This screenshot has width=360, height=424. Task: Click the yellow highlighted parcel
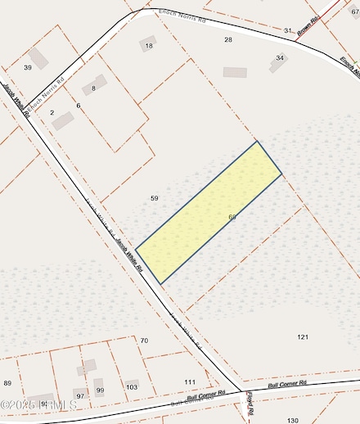(x=209, y=212)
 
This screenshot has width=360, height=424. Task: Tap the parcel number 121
(x=303, y=336)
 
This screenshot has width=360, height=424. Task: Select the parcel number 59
(x=154, y=198)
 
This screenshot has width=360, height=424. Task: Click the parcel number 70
(x=144, y=340)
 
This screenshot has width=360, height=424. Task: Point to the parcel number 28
(x=228, y=39)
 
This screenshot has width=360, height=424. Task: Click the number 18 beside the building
(x=149, y=46)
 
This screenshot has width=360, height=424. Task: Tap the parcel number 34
(x=281, y=58)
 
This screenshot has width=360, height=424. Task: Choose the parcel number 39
(x=28, y=67)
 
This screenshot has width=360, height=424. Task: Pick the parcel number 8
(x=94, y=88)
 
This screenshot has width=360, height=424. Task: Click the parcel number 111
(x=190, y=382)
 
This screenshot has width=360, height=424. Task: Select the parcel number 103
(x=132, y=386)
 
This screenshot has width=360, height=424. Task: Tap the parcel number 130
(x=293, y=420)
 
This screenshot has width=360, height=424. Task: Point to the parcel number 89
(x=7, y=383)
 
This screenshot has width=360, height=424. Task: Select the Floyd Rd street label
(x=250, y=404)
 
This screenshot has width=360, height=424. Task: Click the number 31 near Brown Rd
(x=287, y=30)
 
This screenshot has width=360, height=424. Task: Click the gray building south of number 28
(x=235, y=72)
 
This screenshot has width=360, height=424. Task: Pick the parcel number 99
(x=100, y=390)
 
